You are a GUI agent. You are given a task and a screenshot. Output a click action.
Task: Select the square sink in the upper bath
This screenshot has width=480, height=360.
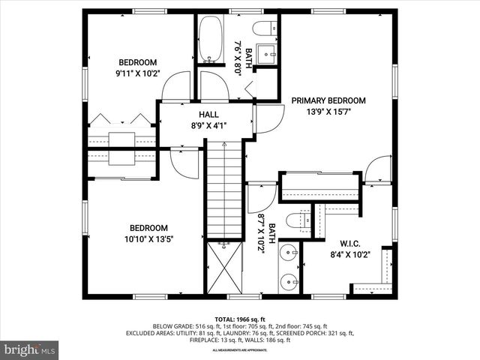(266, 53)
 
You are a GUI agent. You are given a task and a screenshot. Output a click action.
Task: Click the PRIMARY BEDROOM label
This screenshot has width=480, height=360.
(328, 100)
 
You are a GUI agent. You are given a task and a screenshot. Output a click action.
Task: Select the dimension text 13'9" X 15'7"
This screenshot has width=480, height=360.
(328, 112)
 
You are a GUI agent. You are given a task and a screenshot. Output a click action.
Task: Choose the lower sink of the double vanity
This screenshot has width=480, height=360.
(288, 280)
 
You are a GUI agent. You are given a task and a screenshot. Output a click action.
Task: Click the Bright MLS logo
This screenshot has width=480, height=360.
(30, 349)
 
